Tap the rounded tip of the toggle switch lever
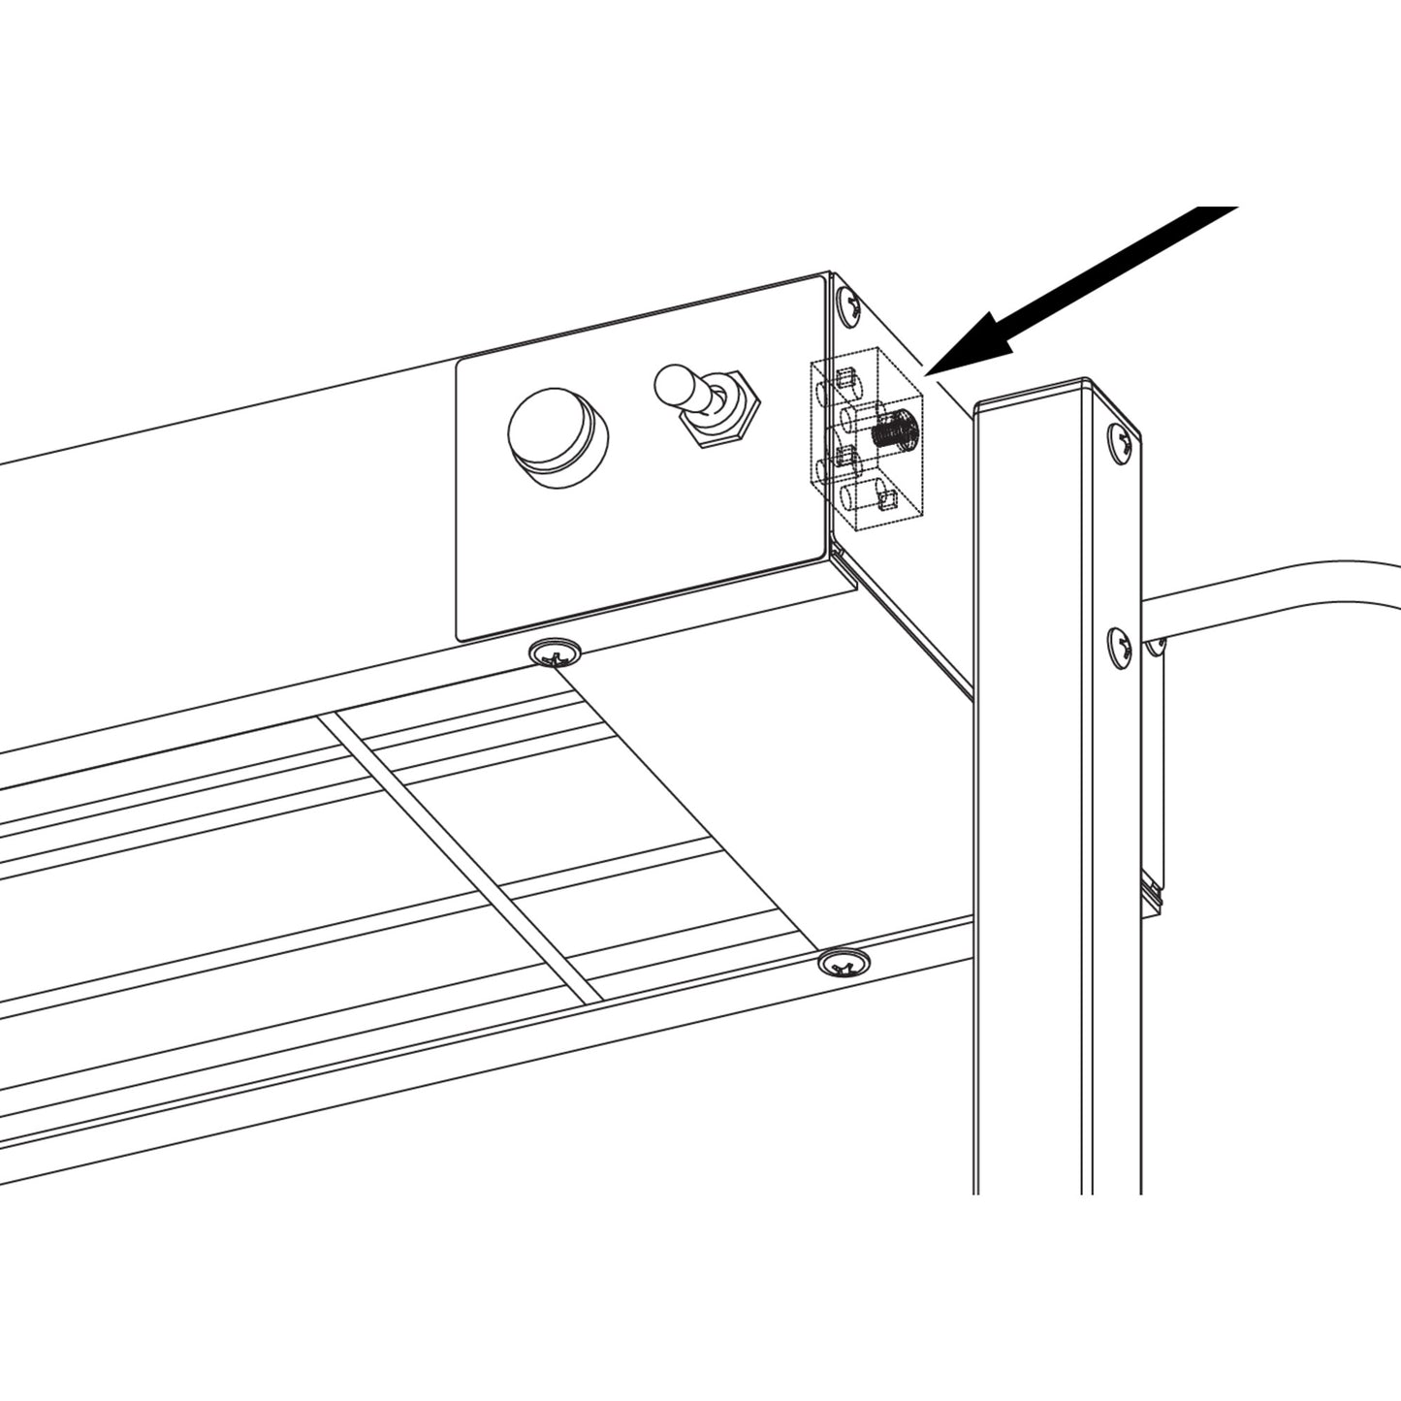coord(671,383)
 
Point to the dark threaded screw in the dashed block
coord(894,428)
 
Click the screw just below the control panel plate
coord(557,654)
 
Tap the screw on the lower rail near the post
coord(844,963)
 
